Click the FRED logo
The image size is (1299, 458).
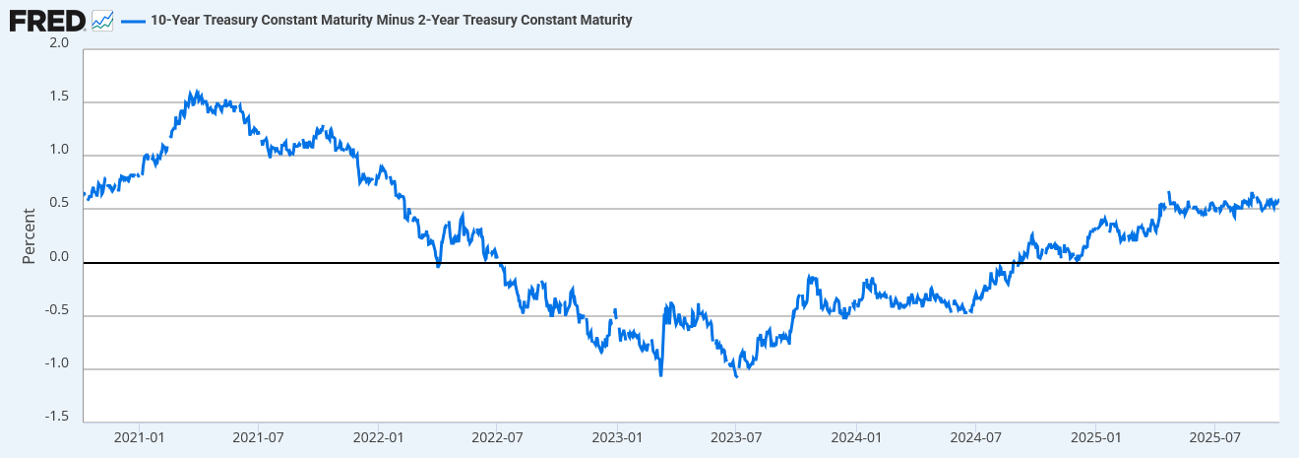pyautogui.click(x=47, y=20)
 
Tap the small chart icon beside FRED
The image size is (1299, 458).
pyautogui.click(x=102, y=20)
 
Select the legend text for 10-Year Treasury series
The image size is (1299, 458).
pyautogui.click(x=391, y=20)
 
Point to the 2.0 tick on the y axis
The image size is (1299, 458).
pyautogui.click(x=59, y=43)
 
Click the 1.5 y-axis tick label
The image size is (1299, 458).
pyautogui.click(x=59, y=98)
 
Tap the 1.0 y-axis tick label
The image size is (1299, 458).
pyautogui.click(x=59, y=151)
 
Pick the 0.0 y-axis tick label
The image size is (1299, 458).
pyautogui.click(x=59, y=258)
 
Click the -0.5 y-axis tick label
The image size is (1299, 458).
pyautogui.click(x=56, y=311)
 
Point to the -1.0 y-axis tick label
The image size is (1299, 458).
pyautogui.click(x=56, y=364)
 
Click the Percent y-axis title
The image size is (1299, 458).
pyautogui.click(x=29, y=235)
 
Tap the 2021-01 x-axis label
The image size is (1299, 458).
pyautogui.click(x=140, y=437)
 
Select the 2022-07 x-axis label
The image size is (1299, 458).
pyautogui.click(x=498, y=437)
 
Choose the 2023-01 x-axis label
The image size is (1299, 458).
pyautogui.click(x=618, y=437)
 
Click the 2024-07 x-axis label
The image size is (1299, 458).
pyautogui.click(x=976, y=437)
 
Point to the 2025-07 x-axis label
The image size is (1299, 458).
pyautogui.click(x=1215, y=437)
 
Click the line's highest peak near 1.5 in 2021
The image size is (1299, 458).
pyautogui.click(x=195, y=92)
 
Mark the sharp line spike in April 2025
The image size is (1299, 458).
pyautogui.click(x=1169, y=192)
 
